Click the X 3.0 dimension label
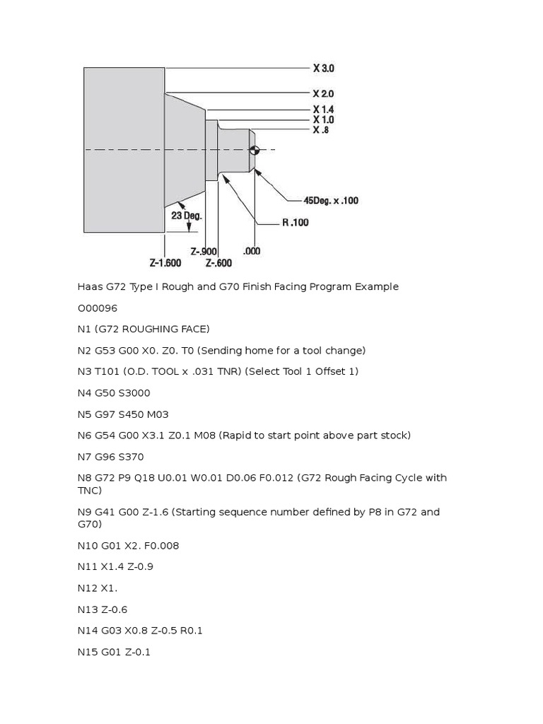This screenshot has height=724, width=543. (323, 69)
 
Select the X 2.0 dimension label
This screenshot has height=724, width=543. (323, 93)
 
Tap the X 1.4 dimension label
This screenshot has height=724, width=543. (323, 110)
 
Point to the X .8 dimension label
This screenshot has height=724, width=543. (320, 130)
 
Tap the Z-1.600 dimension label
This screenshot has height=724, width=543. (165, 263)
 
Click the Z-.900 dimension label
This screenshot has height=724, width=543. (204, 251)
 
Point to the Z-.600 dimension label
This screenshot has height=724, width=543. (218, 263)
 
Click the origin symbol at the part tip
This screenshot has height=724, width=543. (255, 150)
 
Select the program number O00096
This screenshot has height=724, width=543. (98, 308)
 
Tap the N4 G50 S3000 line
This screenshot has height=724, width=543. (114, 393)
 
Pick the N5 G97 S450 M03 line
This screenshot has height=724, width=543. (123, 414)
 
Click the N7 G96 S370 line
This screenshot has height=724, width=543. (110, 457)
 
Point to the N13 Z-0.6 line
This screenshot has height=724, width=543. (103, 609)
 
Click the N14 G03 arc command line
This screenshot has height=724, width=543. (140, 631)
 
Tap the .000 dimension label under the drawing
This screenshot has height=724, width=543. (251, 251)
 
